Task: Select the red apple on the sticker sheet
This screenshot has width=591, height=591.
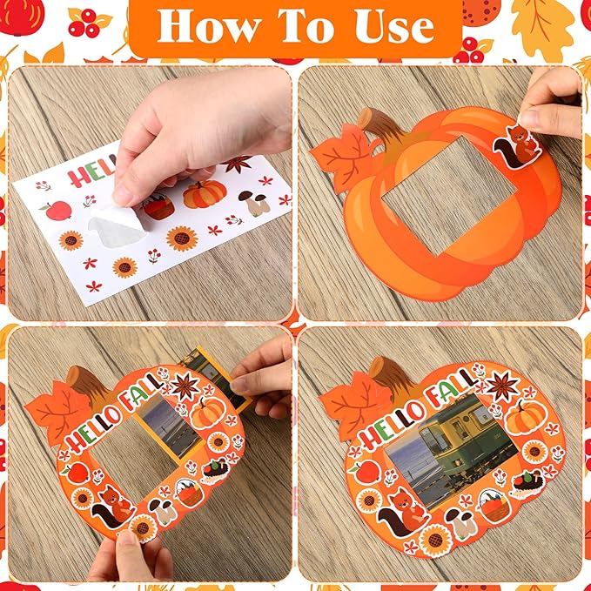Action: [x=58, y=210]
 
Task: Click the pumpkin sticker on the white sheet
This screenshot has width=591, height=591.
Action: [x=205, y=194]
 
